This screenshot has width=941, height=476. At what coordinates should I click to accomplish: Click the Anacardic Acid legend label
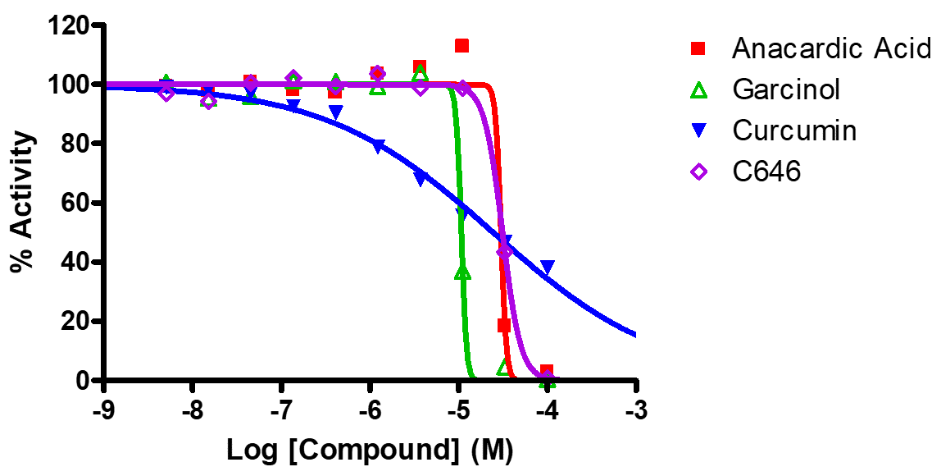(x=831, y=49)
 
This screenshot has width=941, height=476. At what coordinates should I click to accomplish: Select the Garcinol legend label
(x=785, y=89)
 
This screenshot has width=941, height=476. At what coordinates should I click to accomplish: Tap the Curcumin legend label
(x=794, y=130)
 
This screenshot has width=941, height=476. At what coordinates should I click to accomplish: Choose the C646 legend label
(x=766, y=172)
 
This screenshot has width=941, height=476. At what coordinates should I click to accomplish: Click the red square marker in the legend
(x=698, y=49)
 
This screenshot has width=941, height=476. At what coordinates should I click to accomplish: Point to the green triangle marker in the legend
(x=698, y=89)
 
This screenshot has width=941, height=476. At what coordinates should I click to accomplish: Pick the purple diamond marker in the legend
(x=698, y=172)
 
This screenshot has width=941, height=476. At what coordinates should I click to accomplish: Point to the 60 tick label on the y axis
(x=76, y=203)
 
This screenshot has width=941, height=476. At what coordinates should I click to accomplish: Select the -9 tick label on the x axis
(x=102, y=410)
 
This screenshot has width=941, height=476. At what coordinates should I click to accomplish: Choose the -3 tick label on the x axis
(x=636, y=410)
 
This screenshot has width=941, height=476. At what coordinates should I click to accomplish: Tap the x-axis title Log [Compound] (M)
(x=370, y=451)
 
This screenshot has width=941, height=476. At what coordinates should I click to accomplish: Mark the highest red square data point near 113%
(x=461, y=46)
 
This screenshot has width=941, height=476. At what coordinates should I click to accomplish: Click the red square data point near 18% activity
(x=503, y=325)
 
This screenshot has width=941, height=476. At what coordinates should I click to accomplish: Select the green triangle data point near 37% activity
(x=462, y=272)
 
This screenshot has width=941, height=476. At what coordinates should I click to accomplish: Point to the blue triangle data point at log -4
(x=548, y=268)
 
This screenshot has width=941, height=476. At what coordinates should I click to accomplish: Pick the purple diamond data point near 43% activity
(x=505, y=251)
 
